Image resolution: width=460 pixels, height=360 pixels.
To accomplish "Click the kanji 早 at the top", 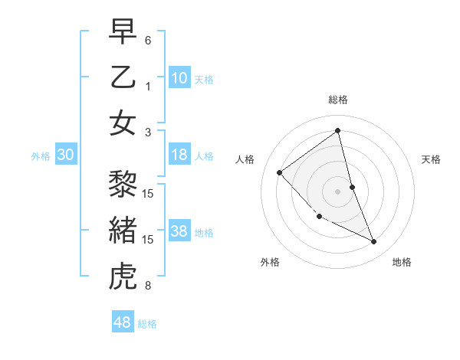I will [123, 31].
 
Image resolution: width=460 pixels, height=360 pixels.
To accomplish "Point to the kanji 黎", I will [123, 183].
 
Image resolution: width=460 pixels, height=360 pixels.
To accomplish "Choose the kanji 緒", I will [123, 231].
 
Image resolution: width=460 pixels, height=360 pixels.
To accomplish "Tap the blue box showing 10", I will [179, 77].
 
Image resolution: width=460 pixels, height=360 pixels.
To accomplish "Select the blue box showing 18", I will [179, 155].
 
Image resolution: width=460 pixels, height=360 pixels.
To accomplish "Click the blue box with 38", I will [179, 231].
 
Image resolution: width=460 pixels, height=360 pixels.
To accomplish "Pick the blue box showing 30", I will [66, 155].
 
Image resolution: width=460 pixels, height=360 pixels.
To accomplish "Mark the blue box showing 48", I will [123, 322].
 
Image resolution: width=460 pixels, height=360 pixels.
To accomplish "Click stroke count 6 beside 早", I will [148, 40].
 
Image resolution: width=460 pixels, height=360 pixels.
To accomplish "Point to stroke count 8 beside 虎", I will [148, 286].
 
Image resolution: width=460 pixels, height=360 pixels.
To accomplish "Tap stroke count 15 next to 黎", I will [149, 193].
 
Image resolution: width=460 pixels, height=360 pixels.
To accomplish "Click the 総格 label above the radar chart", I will [338, 100].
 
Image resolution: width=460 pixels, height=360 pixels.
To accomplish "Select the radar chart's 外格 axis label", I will [270, 262].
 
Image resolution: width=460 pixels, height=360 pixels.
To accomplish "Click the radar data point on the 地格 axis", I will [374, 242].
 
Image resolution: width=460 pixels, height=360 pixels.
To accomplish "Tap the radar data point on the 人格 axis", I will [280, 172].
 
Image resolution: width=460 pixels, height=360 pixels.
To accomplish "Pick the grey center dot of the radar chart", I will [338, 191].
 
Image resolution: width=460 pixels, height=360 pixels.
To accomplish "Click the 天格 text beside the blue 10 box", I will [203, 79].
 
